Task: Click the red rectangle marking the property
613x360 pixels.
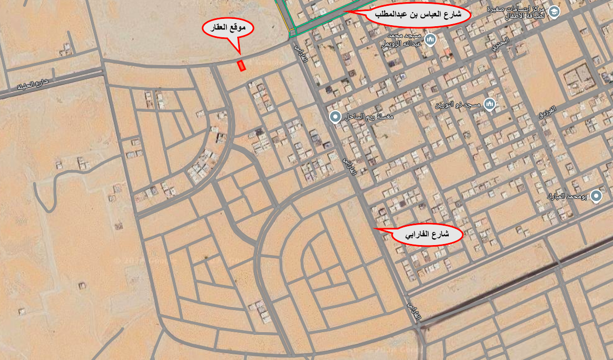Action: [241, 66]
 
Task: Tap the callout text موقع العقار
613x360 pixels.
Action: [229, 29]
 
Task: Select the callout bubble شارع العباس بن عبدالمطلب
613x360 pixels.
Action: [418, 15]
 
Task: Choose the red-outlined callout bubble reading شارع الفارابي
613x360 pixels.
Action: [427, 235]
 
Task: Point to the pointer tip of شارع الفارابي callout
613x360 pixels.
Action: [373, 229]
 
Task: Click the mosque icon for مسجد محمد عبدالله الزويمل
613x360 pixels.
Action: [430, 39]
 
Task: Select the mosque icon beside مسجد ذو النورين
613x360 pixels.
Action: [490, 104]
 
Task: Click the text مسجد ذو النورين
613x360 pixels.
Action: [457, 105]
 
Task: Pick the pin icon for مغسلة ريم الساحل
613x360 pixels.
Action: [335, 117]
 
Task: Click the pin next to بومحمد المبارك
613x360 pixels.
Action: [596, 196]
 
